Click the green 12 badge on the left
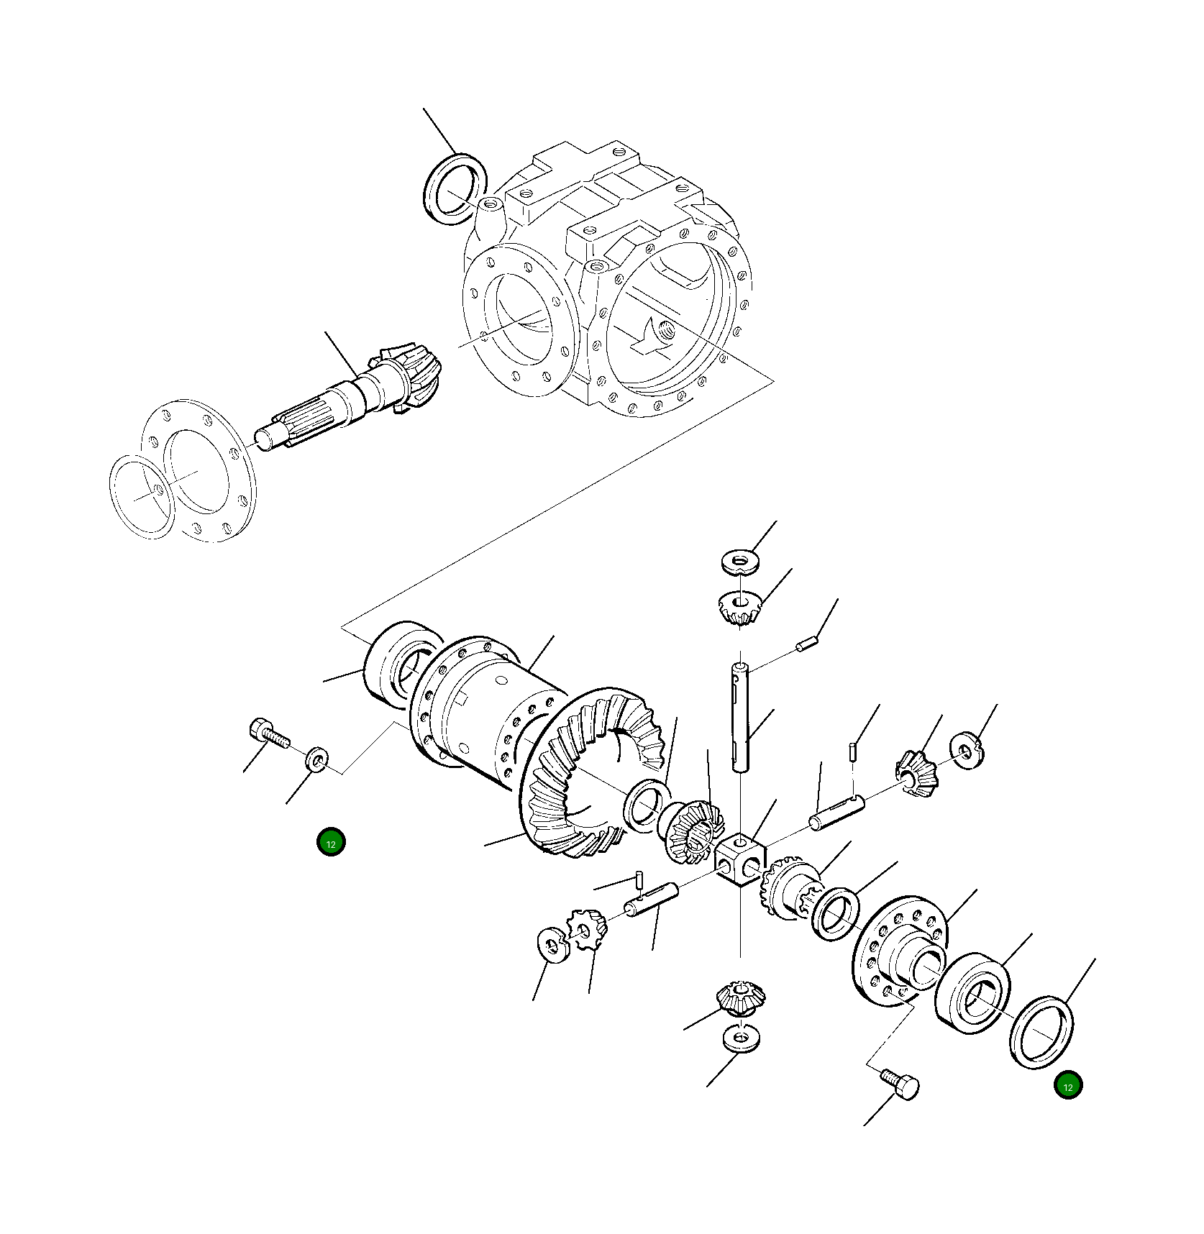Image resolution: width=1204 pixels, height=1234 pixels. (x=331, y=843)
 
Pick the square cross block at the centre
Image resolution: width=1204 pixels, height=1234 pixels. (x=740, y=859)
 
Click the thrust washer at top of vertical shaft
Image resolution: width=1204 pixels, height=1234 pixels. (x=741, y=561)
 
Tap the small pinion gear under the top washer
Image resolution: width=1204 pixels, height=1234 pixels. (x=740, y=607)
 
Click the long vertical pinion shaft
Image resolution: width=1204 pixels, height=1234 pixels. (x=741, y=719)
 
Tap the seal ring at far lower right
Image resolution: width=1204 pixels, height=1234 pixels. (x=1041, y=1032)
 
